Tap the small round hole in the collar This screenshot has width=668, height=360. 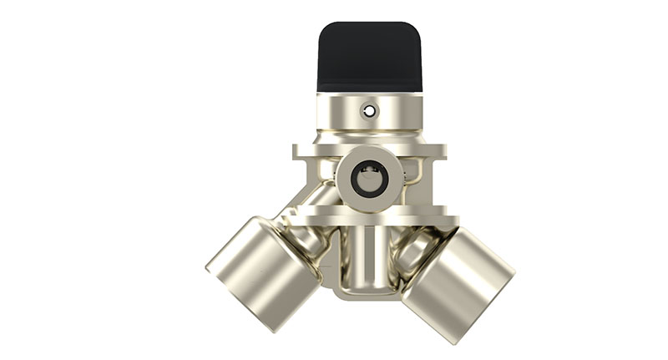(368, 110)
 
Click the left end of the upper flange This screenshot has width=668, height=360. (299, 151)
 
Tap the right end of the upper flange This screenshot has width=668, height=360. (440, 151)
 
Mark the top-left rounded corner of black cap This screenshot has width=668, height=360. (325, 29)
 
